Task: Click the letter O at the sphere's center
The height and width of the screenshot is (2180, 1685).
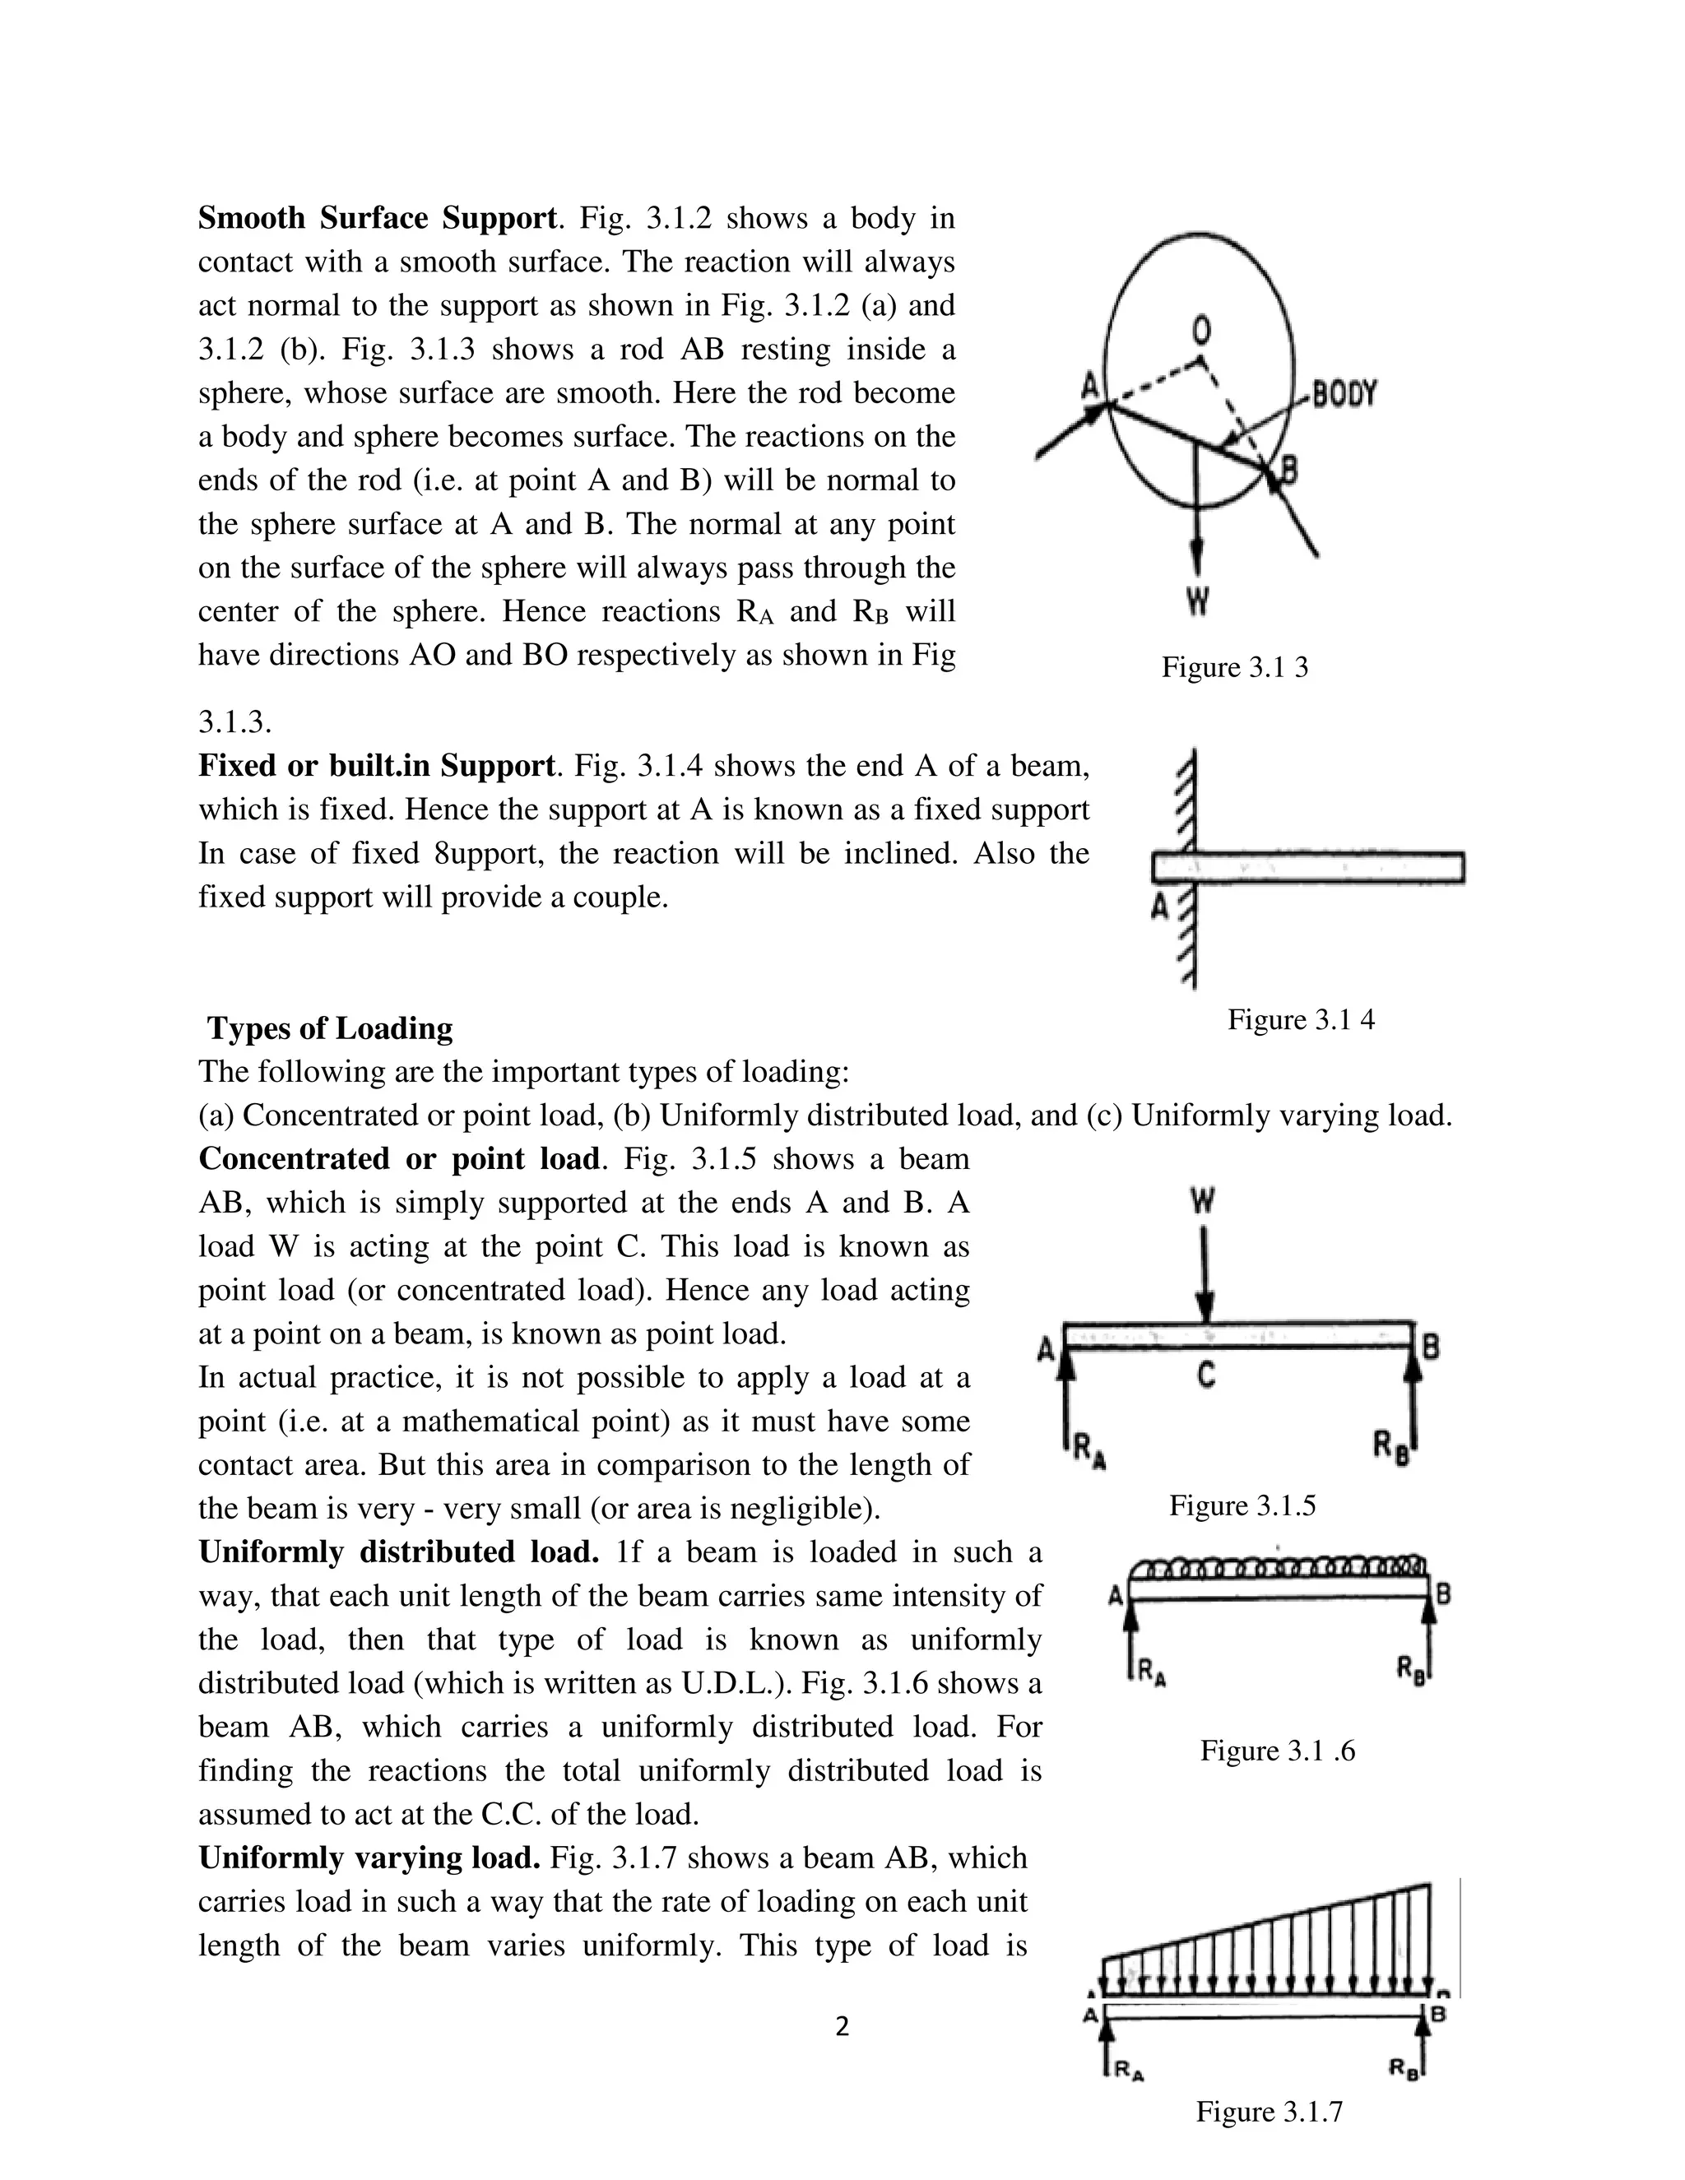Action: [1202, 331]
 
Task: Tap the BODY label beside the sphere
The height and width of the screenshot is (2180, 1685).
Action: [1344, 394]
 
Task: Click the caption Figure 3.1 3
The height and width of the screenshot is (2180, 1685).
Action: [1234, 668]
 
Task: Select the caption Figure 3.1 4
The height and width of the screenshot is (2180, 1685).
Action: [1300, 1019]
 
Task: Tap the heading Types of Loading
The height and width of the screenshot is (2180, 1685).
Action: [331, 1028]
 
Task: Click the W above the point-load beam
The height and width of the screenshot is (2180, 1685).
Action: [1203, 1202]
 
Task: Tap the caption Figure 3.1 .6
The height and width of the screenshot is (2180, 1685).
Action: [1277, 1751]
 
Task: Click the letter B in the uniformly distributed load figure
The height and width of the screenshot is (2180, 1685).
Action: [1443, 1595]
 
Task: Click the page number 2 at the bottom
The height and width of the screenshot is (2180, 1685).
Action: [842, 2026]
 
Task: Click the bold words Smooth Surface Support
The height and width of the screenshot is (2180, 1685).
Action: [376, 218]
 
